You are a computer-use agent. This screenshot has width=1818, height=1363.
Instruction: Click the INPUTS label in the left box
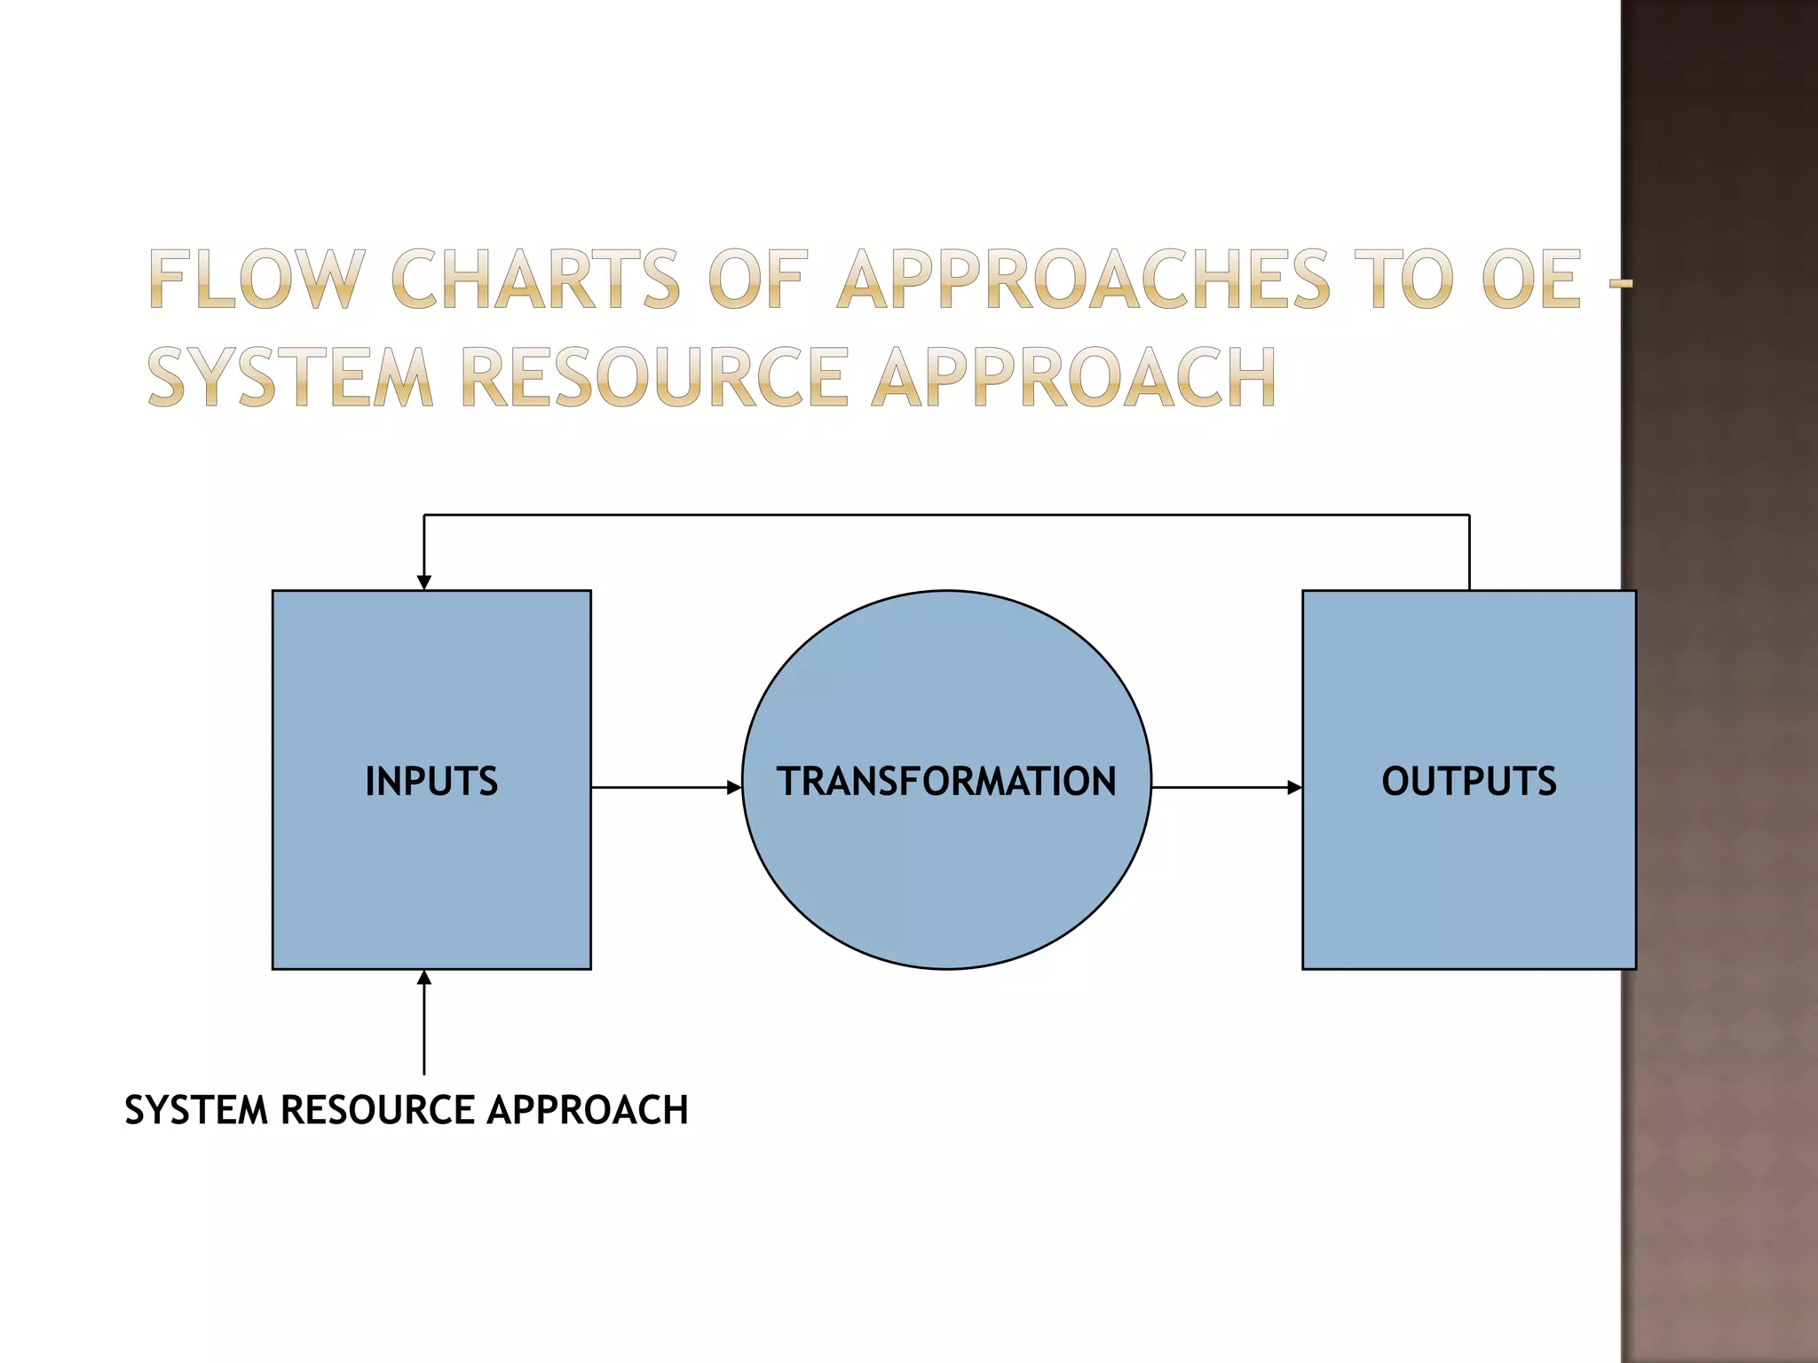431,781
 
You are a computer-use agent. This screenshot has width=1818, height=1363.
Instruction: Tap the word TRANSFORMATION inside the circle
946,781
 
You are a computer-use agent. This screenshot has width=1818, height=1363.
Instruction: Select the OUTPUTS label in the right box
1468,781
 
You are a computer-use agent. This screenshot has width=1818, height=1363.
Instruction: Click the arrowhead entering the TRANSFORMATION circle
734,787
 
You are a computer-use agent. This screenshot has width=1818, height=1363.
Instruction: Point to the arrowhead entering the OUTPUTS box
1295,787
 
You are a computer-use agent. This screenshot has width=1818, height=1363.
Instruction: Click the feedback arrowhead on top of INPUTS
424,582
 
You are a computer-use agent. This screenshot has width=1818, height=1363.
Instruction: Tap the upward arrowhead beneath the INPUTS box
424,978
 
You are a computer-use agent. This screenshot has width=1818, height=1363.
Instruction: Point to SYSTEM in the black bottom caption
196,1110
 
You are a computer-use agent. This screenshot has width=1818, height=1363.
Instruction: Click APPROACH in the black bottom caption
588,1110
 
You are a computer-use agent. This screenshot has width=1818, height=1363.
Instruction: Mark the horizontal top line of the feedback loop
946,515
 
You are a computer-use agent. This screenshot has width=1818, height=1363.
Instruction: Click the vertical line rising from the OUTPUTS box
1469,552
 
